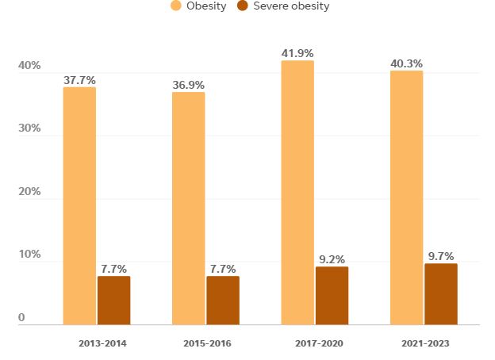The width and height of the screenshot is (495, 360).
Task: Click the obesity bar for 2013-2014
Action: pos(79,205)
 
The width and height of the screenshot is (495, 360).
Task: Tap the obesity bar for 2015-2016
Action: pos(188,208)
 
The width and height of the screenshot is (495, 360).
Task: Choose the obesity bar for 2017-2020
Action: pos(297,192)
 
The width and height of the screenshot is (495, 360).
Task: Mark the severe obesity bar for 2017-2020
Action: pos(332,295)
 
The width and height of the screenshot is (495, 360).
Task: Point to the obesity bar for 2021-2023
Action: pos(406,197)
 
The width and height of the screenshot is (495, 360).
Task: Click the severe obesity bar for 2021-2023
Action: pos(440,293)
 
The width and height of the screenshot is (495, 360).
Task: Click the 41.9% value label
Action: pos(297,53)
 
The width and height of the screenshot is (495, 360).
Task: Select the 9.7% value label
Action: pos(440,256)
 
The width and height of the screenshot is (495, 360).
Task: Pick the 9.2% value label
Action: pos(332,259)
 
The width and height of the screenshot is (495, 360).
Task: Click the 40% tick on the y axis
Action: pos(29,66)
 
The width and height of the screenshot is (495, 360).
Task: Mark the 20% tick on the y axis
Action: pos(29,192)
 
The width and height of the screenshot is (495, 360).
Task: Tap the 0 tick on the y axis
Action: pos(22,318)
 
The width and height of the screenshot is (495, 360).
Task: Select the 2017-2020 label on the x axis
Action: pos(315,343)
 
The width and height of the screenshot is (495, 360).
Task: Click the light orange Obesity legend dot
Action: pos(177,6)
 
